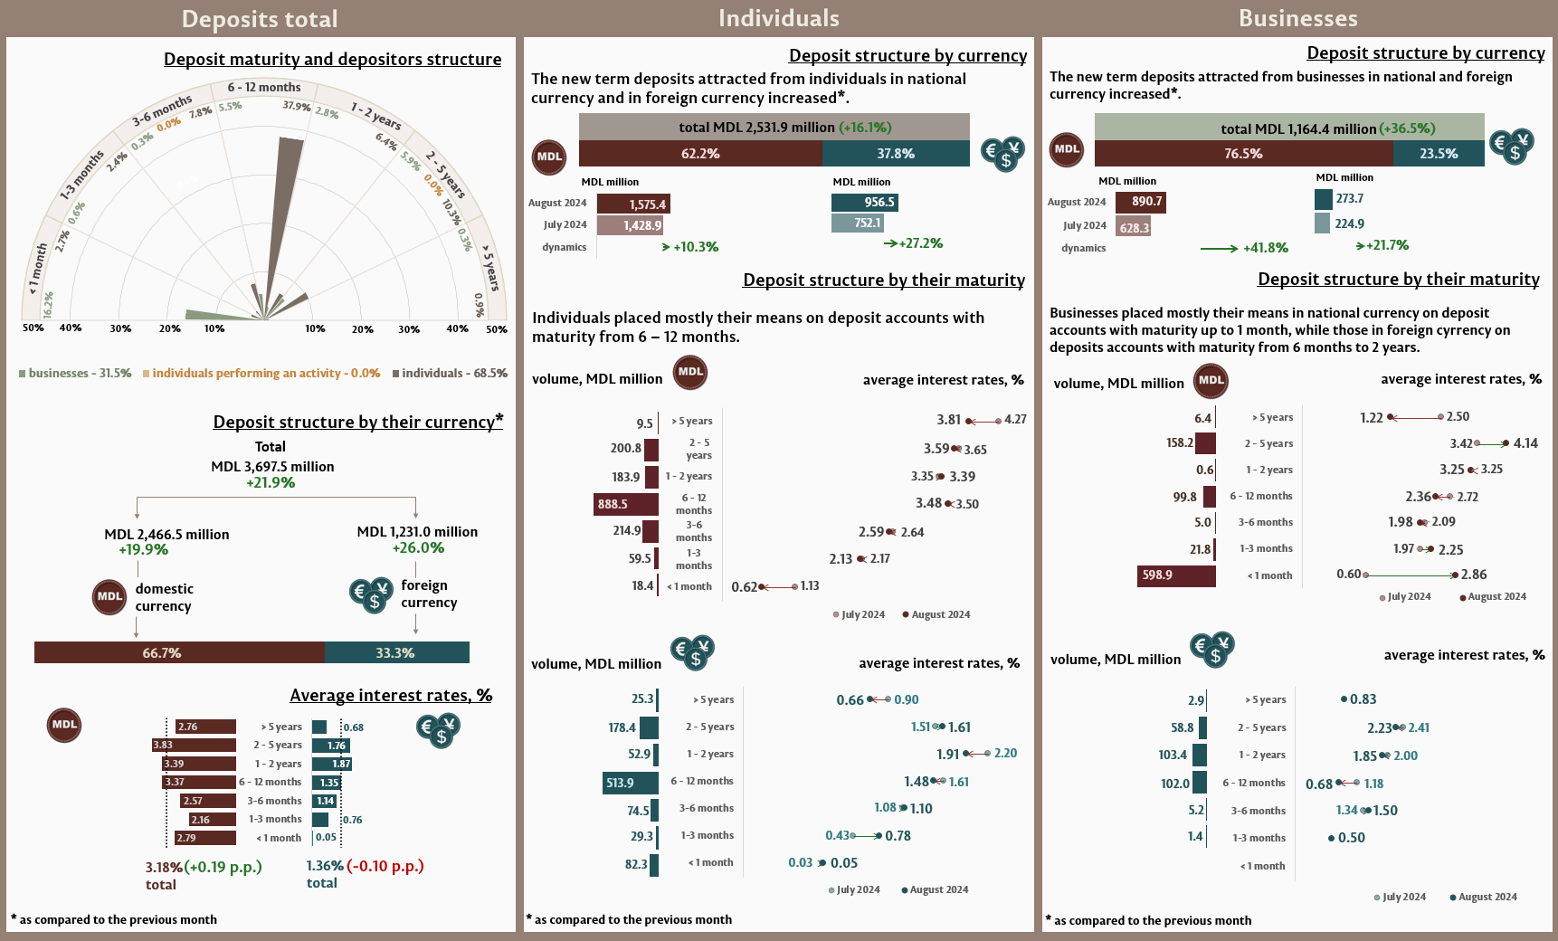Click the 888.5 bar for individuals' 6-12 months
[625, 504]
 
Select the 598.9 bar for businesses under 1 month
[1175, 575]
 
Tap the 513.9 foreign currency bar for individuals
[630, 783]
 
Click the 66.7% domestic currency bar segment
[179, 652]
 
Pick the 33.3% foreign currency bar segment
[396, 652]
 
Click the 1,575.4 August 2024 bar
[633, 204]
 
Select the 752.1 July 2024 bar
[856, 223]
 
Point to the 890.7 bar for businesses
[1140, 202]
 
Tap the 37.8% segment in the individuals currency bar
[896, 154]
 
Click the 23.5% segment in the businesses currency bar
[1438, 154]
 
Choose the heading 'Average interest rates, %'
[391, 696]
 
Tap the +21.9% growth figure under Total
[271, 483]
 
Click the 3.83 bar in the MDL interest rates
[194, 746]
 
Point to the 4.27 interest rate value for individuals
[1015, 420]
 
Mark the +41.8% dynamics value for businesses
[1265, 248]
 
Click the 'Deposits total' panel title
[260, 19]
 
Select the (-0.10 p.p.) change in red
[385, 866]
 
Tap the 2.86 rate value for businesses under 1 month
[1474, 575]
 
